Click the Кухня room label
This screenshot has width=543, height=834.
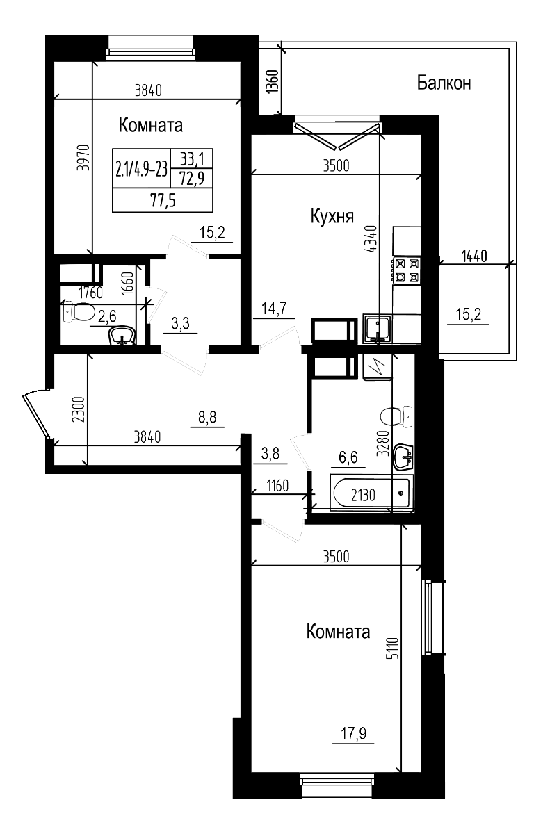(332, 216)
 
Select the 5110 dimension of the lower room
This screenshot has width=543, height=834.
(393, 650)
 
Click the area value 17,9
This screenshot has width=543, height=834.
(352, 734)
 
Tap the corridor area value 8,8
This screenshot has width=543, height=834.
(206, 417)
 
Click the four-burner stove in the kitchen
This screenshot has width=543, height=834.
(407, 270)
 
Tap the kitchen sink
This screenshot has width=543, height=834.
(378, 327)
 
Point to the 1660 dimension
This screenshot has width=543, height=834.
(127, 284)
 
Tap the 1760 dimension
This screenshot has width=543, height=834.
(90, 293)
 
